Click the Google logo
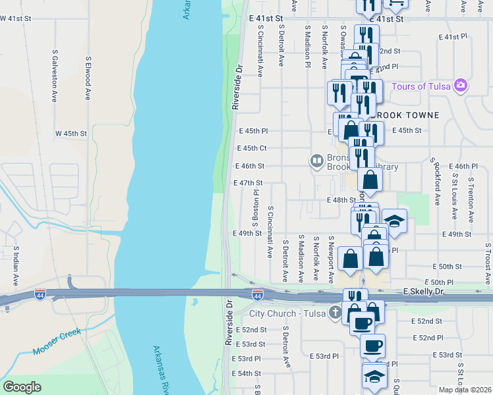22,387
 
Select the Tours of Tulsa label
420,86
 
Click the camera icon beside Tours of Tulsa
460,86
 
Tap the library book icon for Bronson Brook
317,160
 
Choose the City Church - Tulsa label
288,313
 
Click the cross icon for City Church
335,312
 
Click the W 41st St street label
16,19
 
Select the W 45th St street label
71,133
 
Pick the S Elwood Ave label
88,77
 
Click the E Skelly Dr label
424,290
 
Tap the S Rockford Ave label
436,181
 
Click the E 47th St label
248,183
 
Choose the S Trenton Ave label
471,198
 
